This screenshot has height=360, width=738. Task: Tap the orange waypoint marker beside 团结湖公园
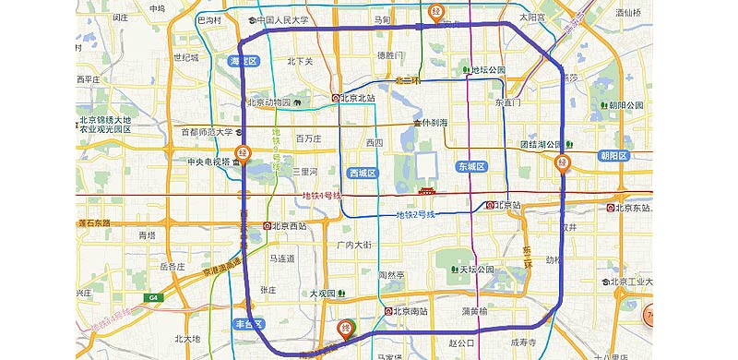click(563, 163)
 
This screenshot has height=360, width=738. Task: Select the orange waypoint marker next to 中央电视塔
click(243, 152)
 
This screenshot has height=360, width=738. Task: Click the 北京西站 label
click(287, 225)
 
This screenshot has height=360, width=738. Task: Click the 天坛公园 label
click(476, 270)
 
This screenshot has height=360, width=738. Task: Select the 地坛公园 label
click(487, 69)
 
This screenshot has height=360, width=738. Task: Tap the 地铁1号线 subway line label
click(322, 196)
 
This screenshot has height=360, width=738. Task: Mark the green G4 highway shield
click(153, 297)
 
